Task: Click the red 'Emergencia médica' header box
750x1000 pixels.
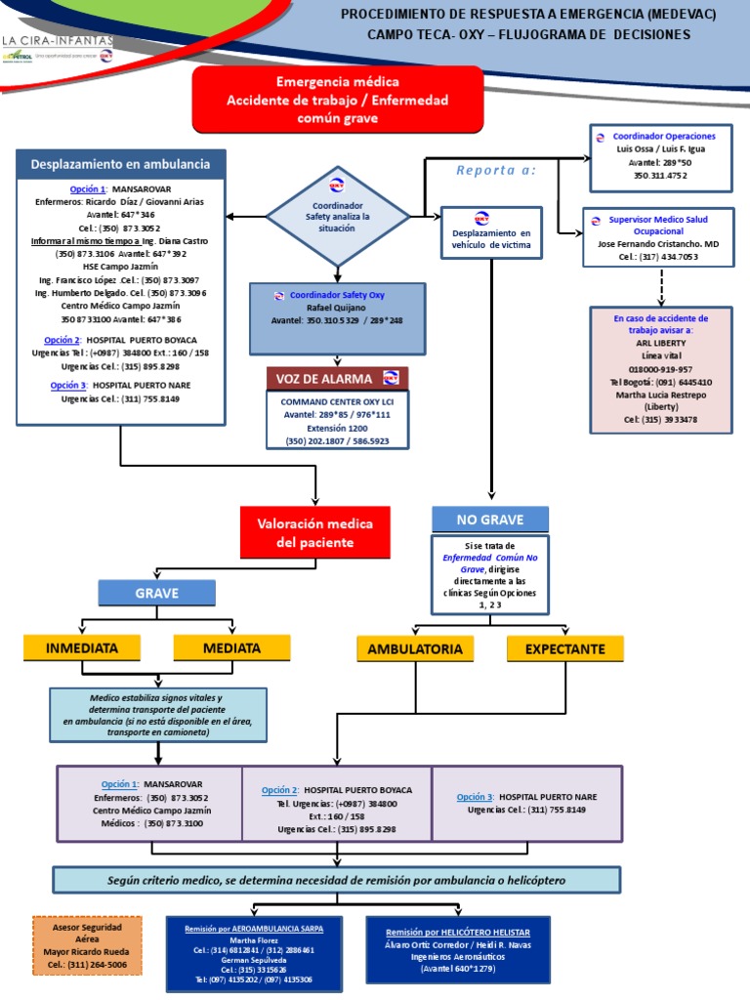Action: click(x=338, y=100)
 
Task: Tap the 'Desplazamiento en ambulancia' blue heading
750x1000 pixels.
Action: click(x=121, y=164)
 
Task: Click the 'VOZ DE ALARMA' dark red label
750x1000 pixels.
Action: click(x=337, y=378)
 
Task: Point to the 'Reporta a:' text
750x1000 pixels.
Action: click(x=495, y=171)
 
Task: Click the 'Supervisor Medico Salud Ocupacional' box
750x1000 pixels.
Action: click(x=657, y=237)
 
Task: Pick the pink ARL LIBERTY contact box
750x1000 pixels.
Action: click(x=660, y=369)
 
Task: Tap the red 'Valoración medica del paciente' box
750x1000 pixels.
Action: click(x=314, y=532)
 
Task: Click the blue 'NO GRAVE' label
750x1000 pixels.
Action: click(x=490, y=519)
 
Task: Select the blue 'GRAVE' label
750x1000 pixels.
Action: click(x=157, y=592)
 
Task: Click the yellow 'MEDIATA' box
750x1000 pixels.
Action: click(x=231, y=647)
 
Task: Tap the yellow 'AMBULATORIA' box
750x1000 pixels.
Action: click(x=415, y=648)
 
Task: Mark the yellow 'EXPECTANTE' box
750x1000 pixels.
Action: click(x=564, y=648)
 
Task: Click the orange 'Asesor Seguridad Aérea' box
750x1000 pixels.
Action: click(x=87, y=945)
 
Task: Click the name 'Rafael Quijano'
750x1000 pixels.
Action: click(x=336, y=307)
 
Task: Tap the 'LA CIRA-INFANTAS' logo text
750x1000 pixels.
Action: click(x=58, y=41)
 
